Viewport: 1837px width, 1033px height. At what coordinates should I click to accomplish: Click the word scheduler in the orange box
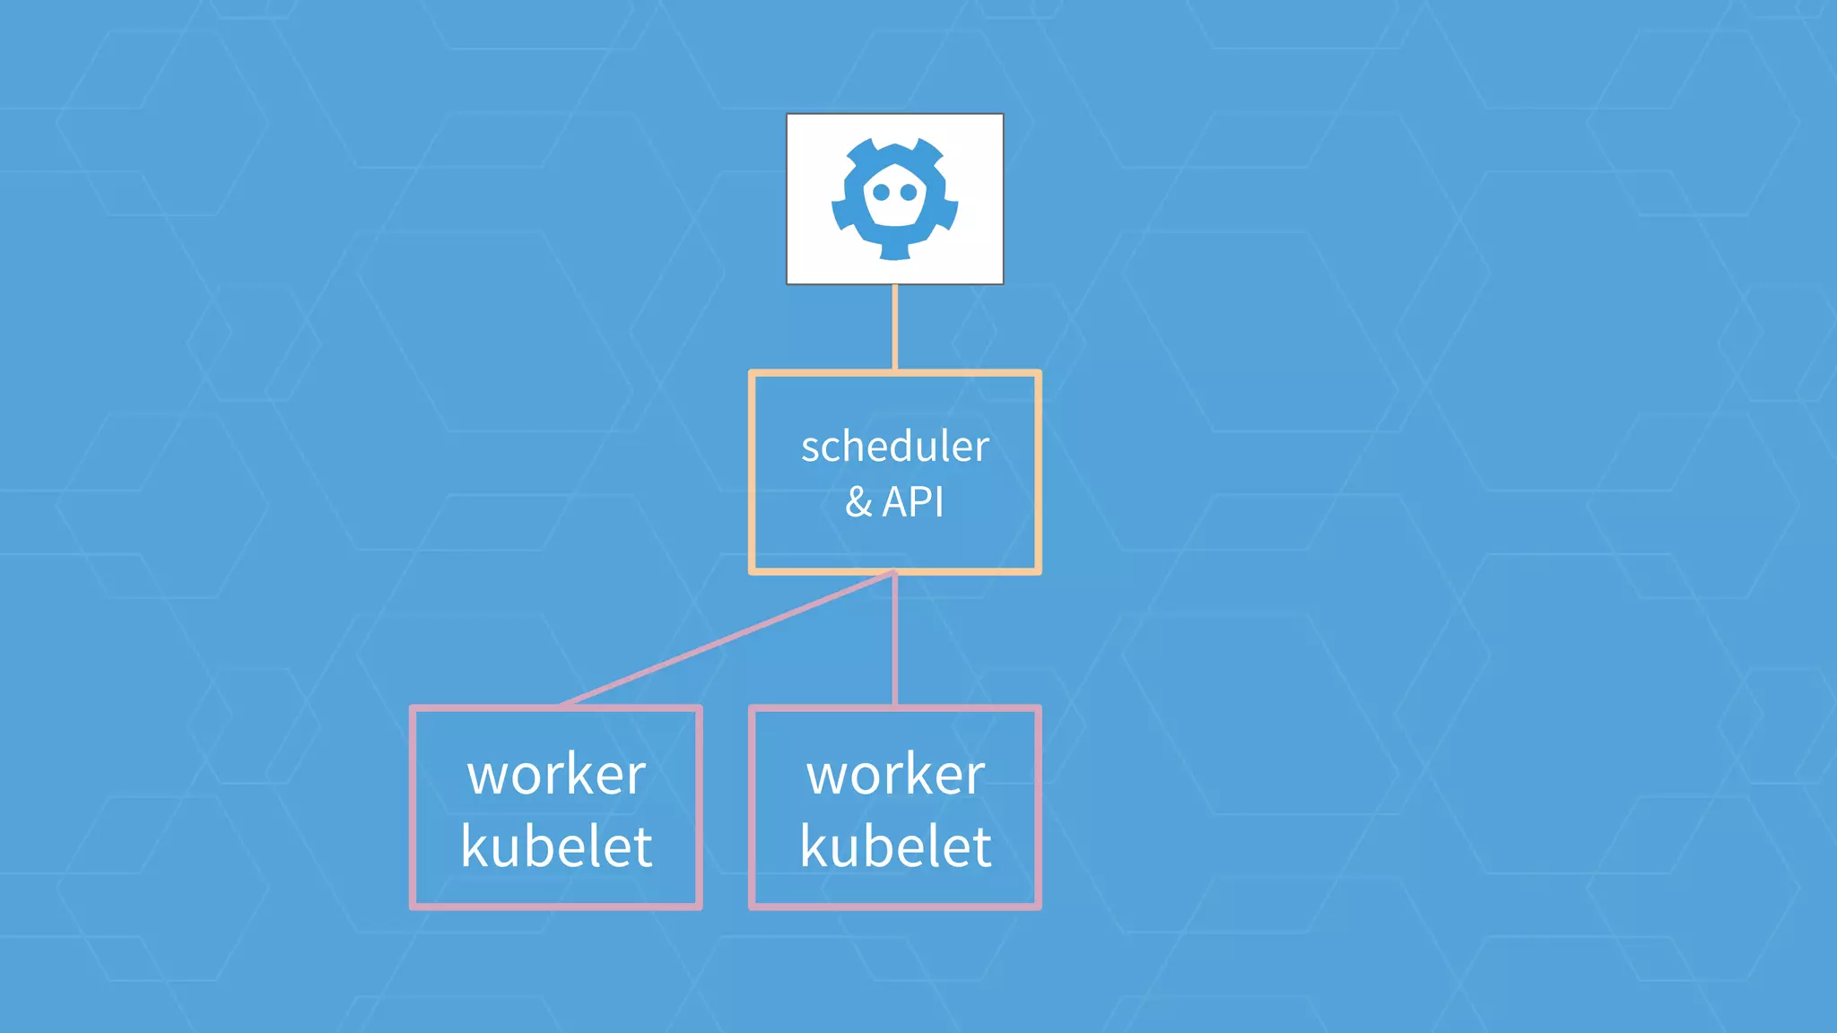tap(894, 447)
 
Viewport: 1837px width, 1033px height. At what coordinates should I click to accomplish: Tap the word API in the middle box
tap(913, 501)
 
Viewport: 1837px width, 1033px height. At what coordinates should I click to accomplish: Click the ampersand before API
tap(858, 502)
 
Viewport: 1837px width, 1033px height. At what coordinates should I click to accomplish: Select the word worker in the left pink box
tap(556, 774)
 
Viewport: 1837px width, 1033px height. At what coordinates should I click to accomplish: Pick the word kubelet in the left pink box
tap(556, 846)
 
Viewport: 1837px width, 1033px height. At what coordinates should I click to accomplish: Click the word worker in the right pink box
tap(895, 774)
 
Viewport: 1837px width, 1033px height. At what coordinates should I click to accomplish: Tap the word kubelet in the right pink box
tap(895, 846)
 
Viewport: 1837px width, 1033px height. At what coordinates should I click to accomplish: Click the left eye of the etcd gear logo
tap(882, 192)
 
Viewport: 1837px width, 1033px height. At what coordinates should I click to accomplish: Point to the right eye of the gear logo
tap(909, 192)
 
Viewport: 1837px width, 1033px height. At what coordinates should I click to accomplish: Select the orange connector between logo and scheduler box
tap(895, 327)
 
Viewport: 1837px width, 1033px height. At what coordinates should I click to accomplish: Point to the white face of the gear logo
tap(895, 211)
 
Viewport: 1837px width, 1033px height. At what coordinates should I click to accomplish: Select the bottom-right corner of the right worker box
tap(1038, 906)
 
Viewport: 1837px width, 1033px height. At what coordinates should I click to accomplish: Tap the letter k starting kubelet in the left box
tap(473, 846)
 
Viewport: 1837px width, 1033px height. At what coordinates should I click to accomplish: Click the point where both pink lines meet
tap(895, 572)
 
